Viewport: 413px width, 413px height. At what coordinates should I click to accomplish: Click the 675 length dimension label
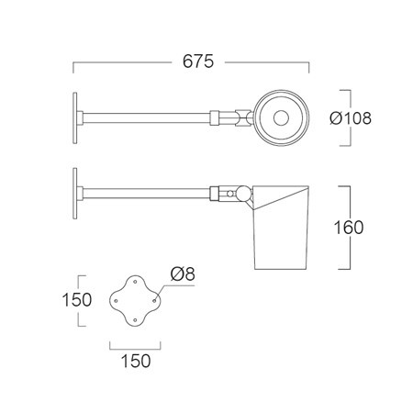tap(198, 61)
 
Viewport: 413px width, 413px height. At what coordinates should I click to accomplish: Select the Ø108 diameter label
tap(351, 118)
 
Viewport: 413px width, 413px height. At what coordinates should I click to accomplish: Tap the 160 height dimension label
tap(349, 228)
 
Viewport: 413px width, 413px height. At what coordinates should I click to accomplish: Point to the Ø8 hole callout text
tap(183, 273)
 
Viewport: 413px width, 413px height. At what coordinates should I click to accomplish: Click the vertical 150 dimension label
tap(77, 299)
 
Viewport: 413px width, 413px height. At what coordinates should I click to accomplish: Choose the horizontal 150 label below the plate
tap(136, 361)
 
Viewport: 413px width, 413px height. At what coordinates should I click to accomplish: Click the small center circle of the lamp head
tap(281, 118)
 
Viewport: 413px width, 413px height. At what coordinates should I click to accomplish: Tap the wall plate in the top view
tap(75, 118)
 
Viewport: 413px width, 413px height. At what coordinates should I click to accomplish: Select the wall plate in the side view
tap(75, 194)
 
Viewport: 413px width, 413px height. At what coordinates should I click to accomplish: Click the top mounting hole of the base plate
tap(135, 282)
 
